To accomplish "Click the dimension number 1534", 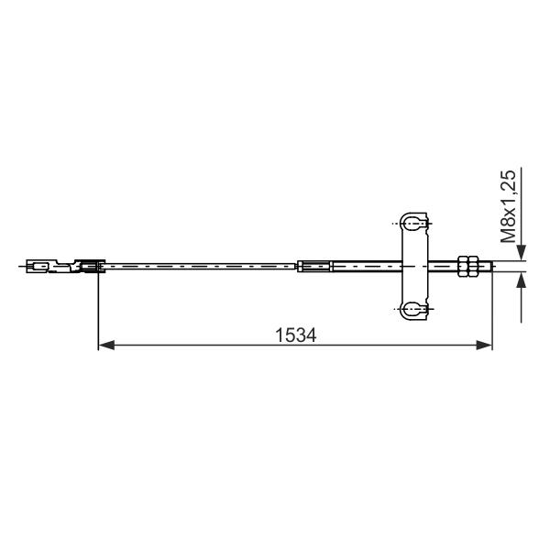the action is pos(295,335).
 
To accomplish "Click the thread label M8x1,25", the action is pos(508,206).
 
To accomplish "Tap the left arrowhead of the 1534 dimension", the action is pos(106,346).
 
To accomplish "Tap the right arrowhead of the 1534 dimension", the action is pos(484,346).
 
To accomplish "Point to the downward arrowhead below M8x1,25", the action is pos(522,253).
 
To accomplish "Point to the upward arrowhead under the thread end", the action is pos(522,280).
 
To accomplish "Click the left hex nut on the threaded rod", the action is pos(463,266).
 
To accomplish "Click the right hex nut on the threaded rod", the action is pos(473,266).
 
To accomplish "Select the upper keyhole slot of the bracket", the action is pos(414,223).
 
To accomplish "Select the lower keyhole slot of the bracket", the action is pos(414,310).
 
